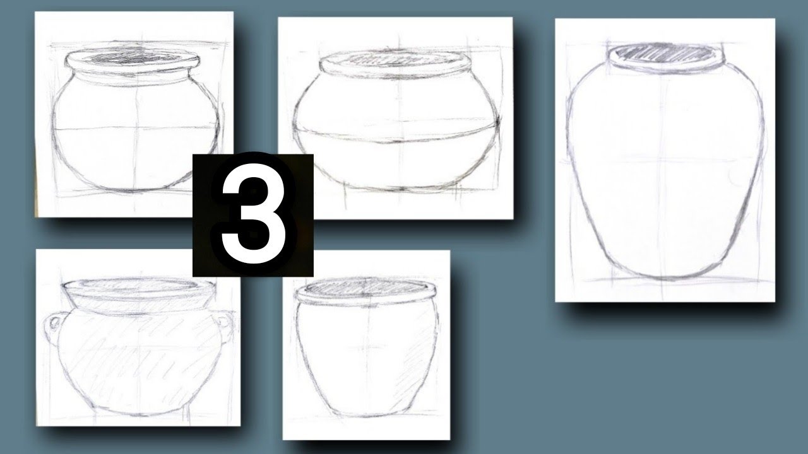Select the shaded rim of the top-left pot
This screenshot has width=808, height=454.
click(133, 59)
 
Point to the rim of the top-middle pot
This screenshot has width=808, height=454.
click(396, 63)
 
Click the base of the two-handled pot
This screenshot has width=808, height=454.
click(139, 414)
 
